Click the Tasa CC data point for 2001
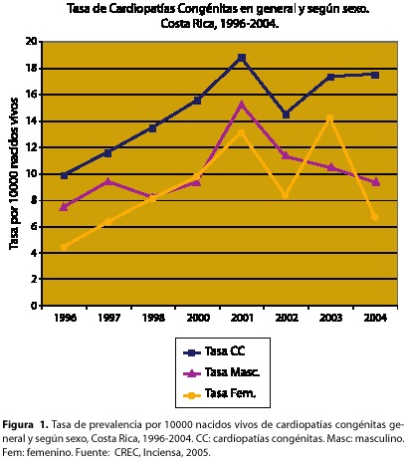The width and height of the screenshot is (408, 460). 242,58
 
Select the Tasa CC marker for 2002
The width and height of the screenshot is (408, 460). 286,115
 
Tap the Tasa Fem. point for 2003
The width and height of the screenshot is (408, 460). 329,117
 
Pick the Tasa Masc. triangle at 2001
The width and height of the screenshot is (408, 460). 242,105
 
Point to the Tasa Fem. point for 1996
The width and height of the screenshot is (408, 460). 64,247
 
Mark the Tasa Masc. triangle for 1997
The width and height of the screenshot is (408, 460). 108,181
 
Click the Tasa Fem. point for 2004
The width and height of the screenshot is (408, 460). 375,217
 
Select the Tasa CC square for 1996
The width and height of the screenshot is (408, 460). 65,175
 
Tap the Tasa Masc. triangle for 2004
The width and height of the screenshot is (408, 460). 375,182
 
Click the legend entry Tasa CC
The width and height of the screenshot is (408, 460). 214,351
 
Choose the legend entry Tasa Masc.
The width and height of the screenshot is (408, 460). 221,372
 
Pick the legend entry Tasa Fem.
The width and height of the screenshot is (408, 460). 220,394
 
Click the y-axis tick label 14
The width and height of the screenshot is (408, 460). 31,121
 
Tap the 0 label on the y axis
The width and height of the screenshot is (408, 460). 34,306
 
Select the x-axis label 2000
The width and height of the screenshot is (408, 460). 198,318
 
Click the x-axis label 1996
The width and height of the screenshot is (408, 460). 65,318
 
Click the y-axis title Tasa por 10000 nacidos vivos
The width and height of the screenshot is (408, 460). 14,173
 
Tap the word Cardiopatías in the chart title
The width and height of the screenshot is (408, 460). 141,9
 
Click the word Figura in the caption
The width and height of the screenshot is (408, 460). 18,425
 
